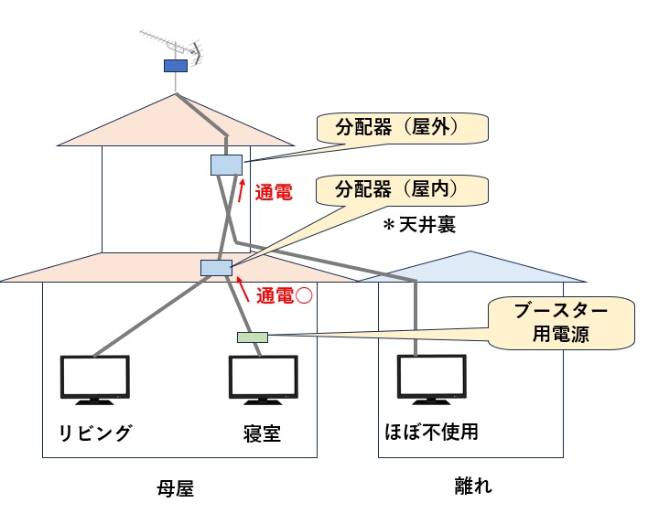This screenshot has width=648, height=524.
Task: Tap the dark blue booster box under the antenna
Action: coord(175,65)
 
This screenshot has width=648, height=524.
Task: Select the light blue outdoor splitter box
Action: coord(225,165)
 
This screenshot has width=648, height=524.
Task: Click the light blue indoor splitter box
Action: coord(216,267)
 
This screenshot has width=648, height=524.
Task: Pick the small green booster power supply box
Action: coord(253,337)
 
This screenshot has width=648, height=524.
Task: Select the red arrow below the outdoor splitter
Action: coord(242,189)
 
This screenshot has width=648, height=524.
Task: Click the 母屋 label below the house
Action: coord(176,489)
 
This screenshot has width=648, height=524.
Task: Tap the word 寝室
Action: coord(262,432)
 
